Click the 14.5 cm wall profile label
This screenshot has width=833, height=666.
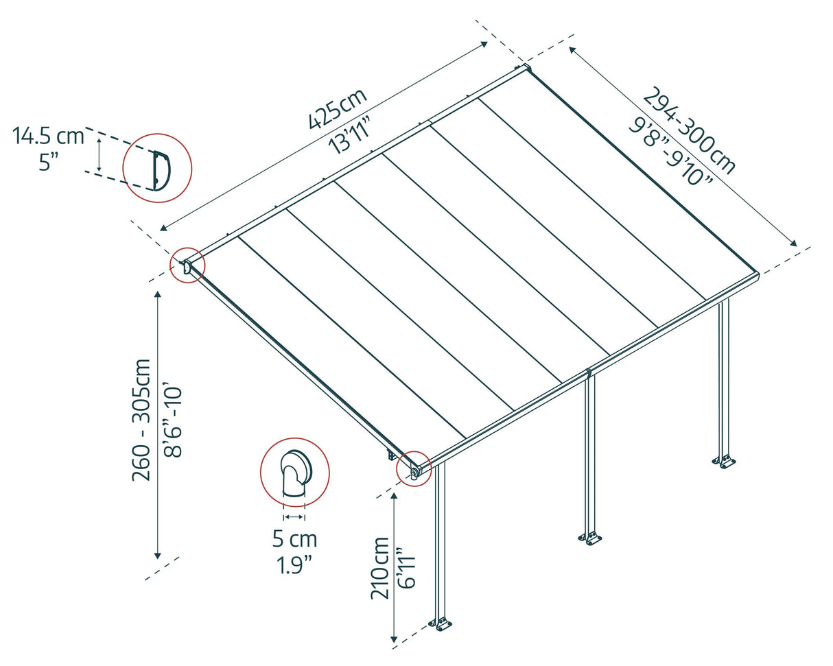[x=48, y=136]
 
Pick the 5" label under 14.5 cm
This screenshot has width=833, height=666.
[x=48, y=163]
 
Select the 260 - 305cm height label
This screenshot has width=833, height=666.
[x=142, y=419]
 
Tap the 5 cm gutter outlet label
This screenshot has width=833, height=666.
[x=294, y=539]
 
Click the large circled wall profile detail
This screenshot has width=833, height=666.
[x=157, y=168]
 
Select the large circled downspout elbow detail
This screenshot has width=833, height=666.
[x=294, y=472]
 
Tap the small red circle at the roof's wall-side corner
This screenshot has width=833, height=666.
[x=188, y=265]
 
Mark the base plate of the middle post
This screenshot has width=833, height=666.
[x=589, y=538]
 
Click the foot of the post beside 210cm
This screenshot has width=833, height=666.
[x=441, y=624]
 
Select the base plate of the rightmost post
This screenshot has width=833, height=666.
[x=724, y=461]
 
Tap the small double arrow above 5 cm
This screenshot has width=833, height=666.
[x=294, y=516]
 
